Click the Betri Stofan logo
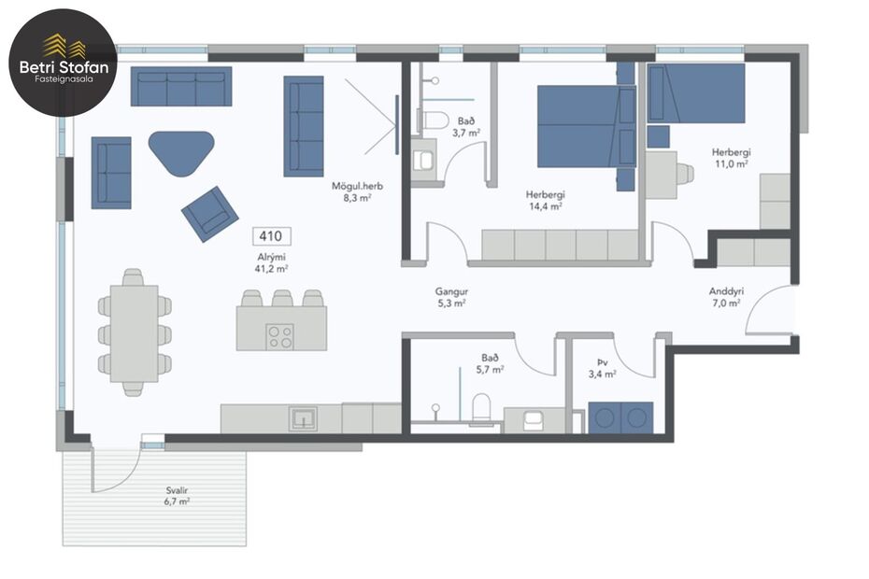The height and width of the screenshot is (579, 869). pos(63,63)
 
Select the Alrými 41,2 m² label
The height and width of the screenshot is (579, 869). pos(271,261)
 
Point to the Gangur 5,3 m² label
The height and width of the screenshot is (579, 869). pos(451,296)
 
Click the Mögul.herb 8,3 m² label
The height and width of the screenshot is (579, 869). pos(358,191)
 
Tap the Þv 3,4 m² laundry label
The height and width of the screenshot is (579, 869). pos(602,368)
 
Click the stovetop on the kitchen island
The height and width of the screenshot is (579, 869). pos(279,335)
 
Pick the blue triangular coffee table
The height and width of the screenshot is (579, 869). pos(181,150)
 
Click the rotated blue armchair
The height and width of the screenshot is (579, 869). pos(209,213)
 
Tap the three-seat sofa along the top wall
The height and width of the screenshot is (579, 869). pos(181,86)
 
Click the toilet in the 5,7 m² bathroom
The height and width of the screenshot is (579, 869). pos(482,408)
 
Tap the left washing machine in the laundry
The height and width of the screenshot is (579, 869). pos(605,417)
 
